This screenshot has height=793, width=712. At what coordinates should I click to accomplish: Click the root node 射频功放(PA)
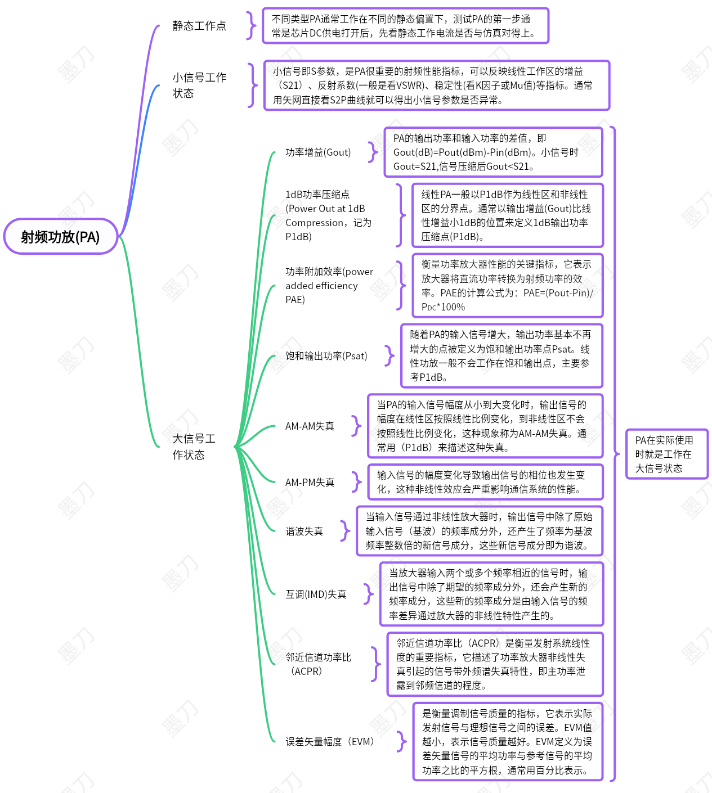61,237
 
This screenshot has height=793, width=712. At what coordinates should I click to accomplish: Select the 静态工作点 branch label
199,26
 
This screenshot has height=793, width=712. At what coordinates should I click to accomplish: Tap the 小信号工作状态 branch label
199,85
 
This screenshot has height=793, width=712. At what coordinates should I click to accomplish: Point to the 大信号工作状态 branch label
194,447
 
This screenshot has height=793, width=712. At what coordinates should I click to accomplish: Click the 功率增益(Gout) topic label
318,152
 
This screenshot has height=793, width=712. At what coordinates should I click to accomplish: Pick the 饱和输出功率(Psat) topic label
326,356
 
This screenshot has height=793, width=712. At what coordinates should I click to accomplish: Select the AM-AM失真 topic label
310,426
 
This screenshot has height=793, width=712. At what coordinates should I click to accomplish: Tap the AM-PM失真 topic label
310,483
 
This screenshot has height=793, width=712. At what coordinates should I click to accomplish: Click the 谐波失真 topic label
304,531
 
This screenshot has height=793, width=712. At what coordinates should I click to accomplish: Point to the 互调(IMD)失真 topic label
316,594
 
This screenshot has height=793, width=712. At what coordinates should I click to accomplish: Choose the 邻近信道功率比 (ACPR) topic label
318,664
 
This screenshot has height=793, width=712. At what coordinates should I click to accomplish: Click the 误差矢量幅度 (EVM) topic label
329,742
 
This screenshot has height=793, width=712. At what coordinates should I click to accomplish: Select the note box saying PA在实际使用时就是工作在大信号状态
667,454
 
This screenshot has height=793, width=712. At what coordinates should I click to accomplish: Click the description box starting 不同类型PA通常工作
405,26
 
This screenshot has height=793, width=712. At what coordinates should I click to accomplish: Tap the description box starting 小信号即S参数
437,85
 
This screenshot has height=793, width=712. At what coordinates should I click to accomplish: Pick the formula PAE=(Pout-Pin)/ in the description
558,293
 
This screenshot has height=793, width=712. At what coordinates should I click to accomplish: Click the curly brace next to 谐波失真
345,531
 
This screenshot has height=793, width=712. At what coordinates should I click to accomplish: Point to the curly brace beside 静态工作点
251,25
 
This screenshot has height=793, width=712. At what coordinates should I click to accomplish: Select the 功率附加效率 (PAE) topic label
329,286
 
